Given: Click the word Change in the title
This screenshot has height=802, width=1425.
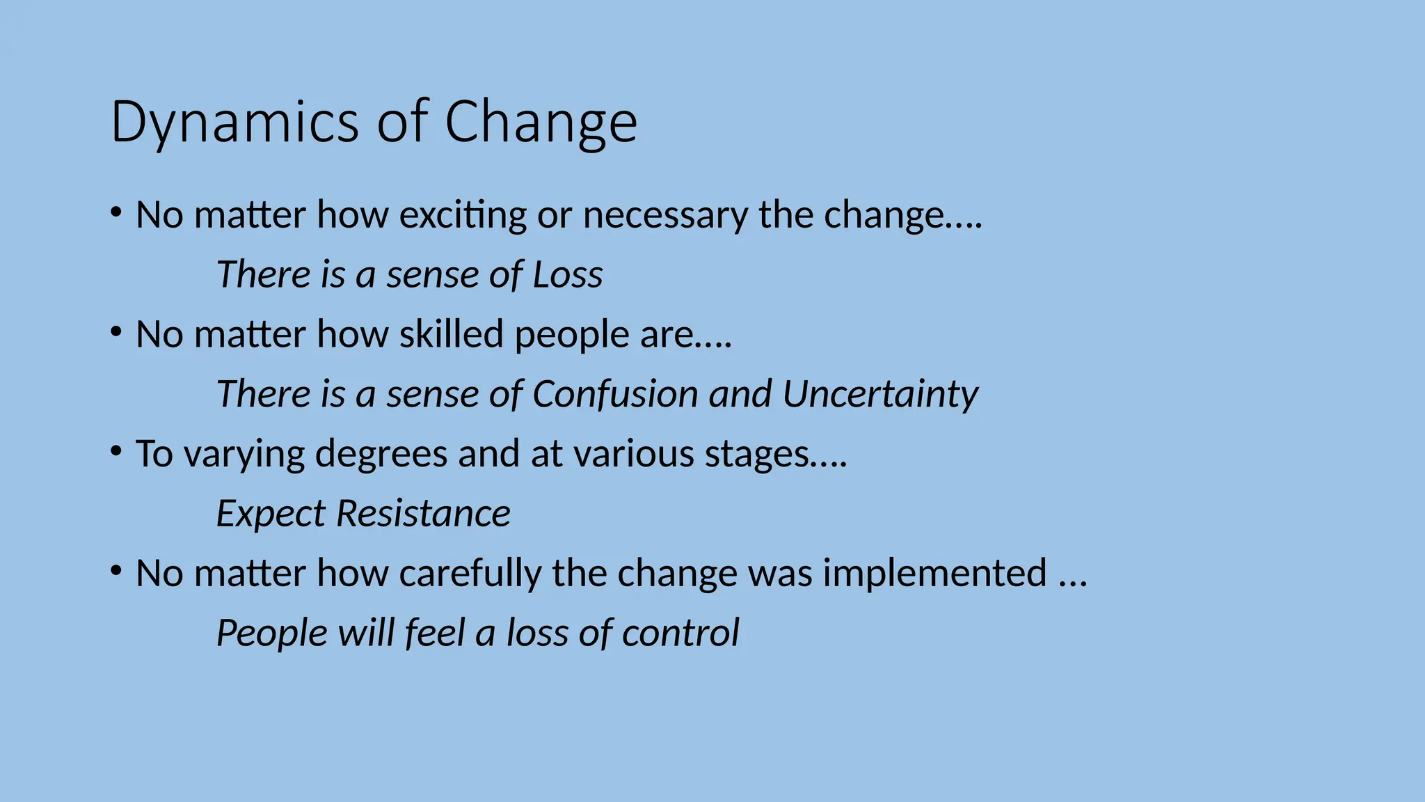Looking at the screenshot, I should tap(541, 123).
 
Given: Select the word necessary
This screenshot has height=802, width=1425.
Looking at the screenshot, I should tap(665, 215).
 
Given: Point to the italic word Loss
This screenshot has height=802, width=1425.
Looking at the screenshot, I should tap(567, 274).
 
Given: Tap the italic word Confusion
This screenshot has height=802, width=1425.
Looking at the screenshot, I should tap(615, 394).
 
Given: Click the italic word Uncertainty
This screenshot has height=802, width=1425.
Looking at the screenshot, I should tap(879, 394).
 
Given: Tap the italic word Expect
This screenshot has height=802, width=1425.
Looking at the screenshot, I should tap(271, 514).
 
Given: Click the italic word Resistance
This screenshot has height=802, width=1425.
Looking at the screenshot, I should tap(423, 514).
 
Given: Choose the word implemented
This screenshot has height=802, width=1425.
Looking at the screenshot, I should tap(934, 574).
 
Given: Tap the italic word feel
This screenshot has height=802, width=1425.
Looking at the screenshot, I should tap(435, 634).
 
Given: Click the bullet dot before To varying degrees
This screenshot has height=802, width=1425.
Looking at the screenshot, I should tap(116, 450).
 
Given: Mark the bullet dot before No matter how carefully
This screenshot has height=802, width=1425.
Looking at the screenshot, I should tap(116, 570).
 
